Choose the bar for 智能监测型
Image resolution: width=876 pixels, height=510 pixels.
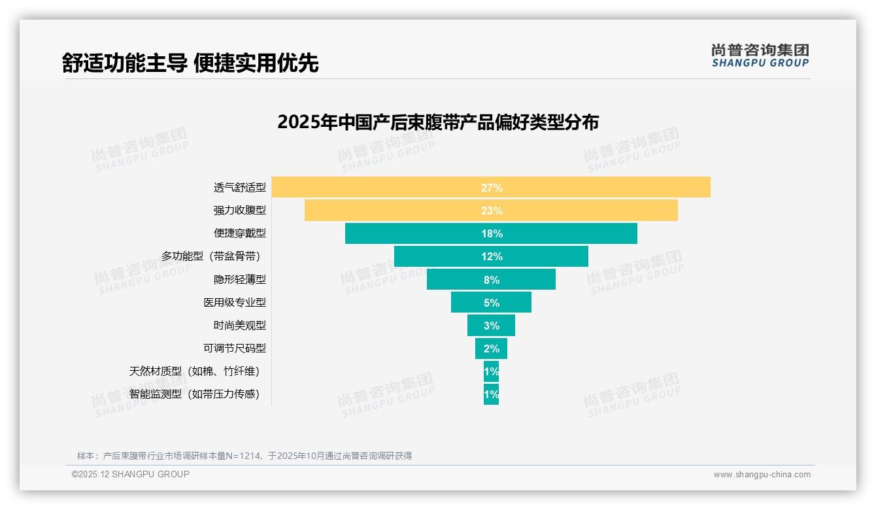pyautogui.click(x=491, y=394)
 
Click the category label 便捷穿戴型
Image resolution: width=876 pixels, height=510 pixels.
pyautogui.click(x=239, y=233)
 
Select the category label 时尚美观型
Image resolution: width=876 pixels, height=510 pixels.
pyautogui.click(x=239, y=326)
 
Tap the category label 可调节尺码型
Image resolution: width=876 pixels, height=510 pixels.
pyautogui.click(x=234, y=348)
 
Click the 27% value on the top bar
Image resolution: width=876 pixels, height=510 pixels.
pyautogui.click(x=492, y=188)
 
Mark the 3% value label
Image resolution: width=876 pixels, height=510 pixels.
pyautogui.click(x=492, y=326)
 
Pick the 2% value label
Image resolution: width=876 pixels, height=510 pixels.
pyautogui.click(x=492, y=348)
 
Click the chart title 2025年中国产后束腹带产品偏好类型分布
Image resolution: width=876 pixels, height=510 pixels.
pyautogui.click(x=438, y=122)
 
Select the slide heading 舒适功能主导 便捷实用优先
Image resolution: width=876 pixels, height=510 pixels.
pyautogui.click(x=190, y=63)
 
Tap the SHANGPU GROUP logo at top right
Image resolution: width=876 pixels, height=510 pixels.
pyautogui.click(x=760, y=56)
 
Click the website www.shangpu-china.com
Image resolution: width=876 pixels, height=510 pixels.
pyautogui.click(x=762, y=475)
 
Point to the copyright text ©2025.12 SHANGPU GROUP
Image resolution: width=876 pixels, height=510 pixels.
pyautogui.click(x=131, y=474)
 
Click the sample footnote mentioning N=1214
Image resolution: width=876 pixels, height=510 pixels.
pyautogui.click(x=244, y=456)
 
